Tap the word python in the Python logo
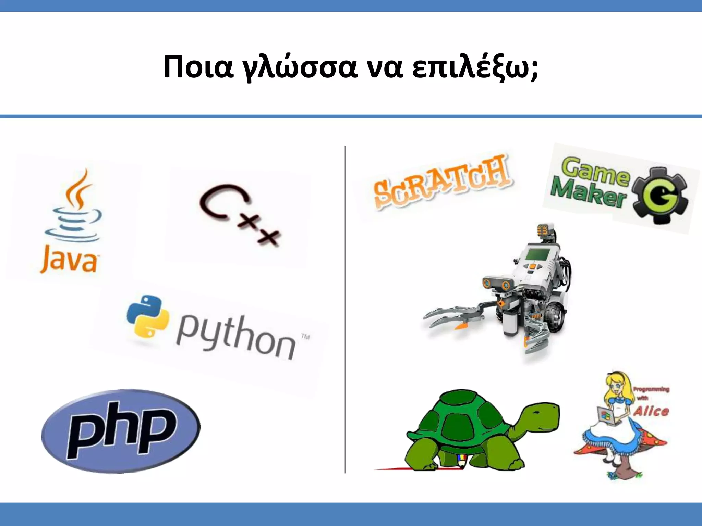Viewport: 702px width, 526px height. tap(237, 337)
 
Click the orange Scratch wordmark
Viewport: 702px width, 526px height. tap(440, 181)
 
